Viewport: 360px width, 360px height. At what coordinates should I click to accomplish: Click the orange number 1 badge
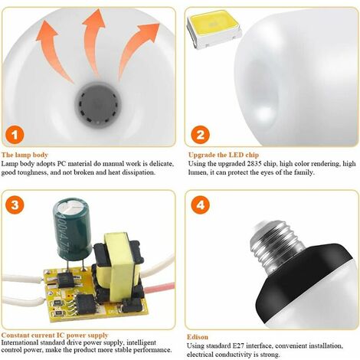15,135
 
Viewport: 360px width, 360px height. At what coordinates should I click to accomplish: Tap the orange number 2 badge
201,135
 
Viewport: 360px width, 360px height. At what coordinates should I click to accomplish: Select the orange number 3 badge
15,205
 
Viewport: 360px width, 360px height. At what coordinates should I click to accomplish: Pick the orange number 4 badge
201,205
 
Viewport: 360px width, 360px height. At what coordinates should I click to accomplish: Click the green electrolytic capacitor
72,227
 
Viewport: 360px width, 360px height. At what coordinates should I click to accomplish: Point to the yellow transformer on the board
119,266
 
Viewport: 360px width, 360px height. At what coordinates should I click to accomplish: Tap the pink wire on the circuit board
159,288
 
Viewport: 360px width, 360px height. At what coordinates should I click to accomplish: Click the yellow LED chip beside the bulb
214,28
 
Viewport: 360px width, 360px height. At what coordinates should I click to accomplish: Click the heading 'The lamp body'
25,155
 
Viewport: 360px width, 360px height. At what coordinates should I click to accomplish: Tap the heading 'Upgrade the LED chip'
224,155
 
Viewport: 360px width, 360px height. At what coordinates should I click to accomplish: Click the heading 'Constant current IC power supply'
55,335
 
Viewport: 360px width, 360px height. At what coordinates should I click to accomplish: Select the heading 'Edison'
198,337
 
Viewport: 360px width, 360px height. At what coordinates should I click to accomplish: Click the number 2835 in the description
254,164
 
